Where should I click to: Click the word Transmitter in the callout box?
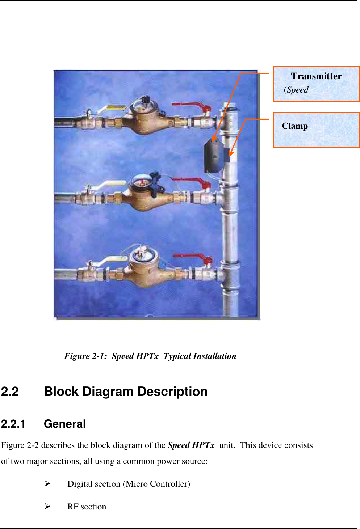316,76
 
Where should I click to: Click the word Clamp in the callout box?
295,126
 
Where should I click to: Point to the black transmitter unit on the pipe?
214,156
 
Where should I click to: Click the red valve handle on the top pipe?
192,106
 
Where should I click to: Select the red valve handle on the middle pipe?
192,181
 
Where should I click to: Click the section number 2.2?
10,392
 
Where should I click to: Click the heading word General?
64,424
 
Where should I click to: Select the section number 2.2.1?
13,424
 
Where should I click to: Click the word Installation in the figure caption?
214,356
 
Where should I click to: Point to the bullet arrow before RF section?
47,507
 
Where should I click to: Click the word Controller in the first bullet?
170,484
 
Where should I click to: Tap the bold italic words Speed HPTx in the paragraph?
191,445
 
